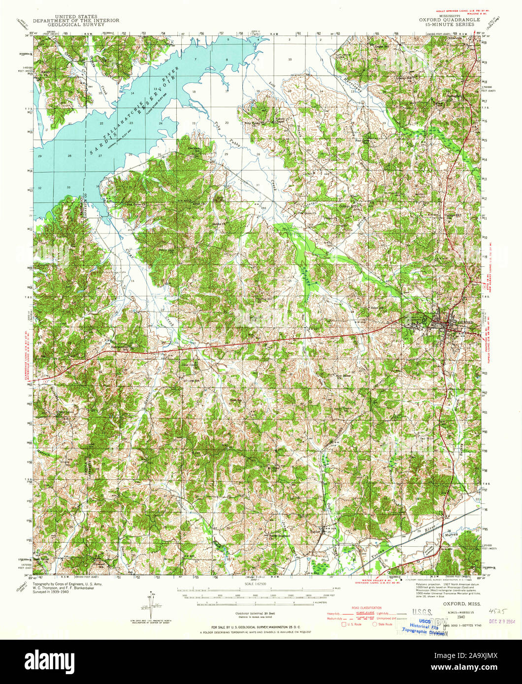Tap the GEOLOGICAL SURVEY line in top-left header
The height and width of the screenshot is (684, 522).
[x=69, y=24]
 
